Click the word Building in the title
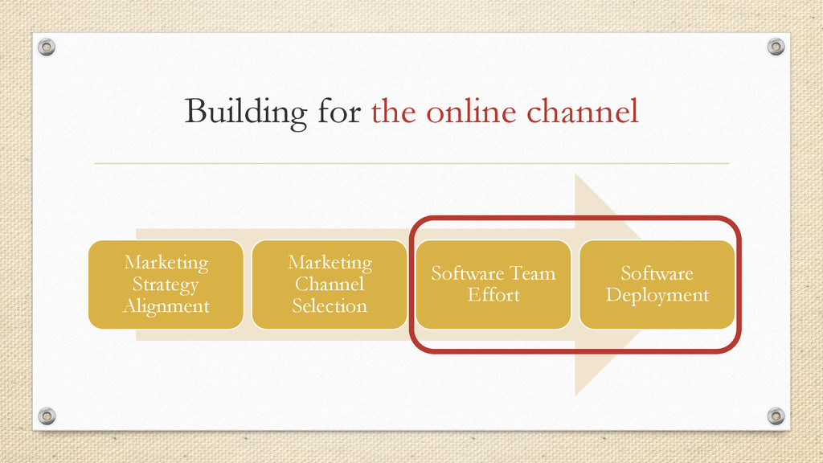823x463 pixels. pyautogui.click(x=245, y=113)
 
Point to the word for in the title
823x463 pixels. pyautogui.click(x=339, y=112)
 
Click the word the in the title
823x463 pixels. pyautogui.click(x=394, y=112)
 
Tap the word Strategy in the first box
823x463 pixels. pyautogui.click(x=166, y=285)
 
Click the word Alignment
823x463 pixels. pyautogui.click(x=166, y=306)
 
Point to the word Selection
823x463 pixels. pyautogui.click(x=330, y=306)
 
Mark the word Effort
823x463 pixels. pyautogui.click(x=493, y=295)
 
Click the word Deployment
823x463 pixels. pyautogui.click(x=657, y=295)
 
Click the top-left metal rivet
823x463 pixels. pyautogui.click(x=47, y=47)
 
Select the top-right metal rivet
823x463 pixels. pyautogui.click(x=776, y=47)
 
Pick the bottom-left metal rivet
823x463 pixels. pyautogui.click(x=47, y=416)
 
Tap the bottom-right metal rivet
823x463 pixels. pyautogui.click(x=776, y=416)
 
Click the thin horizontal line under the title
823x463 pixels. pyautogui.click(x=411, y=163)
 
